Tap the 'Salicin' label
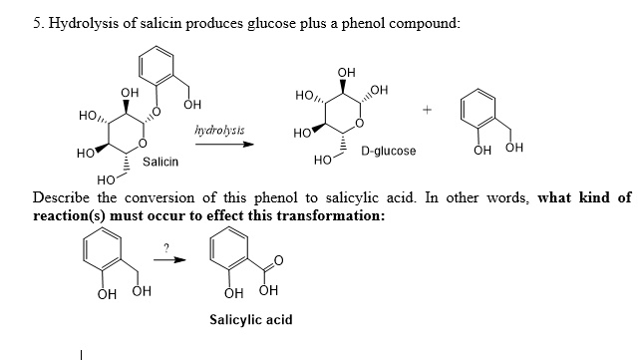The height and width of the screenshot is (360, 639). pos(160,161)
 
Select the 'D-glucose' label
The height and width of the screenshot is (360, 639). pos(389,152)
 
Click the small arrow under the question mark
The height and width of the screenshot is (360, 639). pos(174,262)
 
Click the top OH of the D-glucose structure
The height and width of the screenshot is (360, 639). pos(346,72)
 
